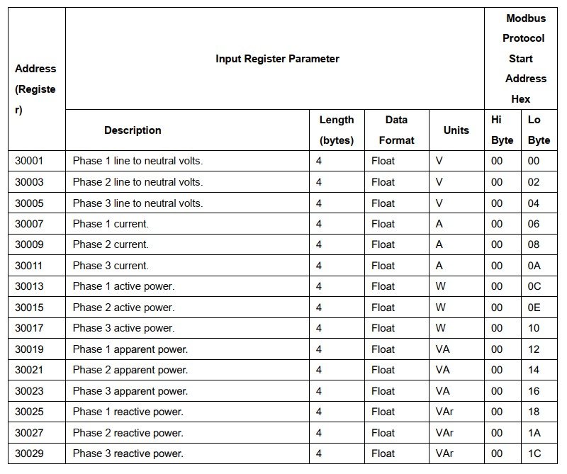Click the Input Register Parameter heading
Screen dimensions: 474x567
[x=277, y=59]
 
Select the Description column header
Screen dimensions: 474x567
[x=133, y=130]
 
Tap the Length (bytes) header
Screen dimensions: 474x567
[x=336, y=130]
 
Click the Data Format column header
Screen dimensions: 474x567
[x=396, y=130]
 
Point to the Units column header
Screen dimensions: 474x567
[x=456, y=130]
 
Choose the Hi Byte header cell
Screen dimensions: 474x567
[x=502, y=130]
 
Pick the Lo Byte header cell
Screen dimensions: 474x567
[x=539, y=130]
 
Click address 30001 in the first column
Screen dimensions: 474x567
[x=29, y=161]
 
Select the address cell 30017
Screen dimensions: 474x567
[x=29, y=328]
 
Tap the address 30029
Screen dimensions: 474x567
[x=29, y=453]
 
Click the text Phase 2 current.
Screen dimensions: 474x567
[x=111, y=244]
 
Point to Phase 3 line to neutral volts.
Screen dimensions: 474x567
[x=137, y=203]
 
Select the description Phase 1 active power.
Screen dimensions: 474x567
[x=123, y=286]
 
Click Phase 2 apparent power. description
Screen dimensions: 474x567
[x=130, y=370]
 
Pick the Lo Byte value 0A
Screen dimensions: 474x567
[x=534, y=266]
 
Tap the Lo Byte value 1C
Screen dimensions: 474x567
[x=534, y=453]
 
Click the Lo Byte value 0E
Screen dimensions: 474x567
[x=534, y=307]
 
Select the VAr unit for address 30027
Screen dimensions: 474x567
[x=444, y=433]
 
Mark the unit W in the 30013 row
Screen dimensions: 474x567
[x=440, y=286]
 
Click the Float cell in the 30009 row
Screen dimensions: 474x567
[x=383, y=244]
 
